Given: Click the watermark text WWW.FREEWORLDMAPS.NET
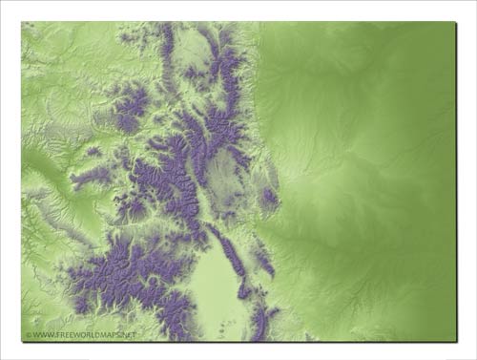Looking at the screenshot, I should click(x=83, y=335).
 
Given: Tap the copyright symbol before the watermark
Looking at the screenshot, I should click(x=28, y=335).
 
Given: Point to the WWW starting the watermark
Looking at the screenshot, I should click(x=39, y=335).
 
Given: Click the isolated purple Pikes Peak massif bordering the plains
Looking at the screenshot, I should click(x=270, y=199).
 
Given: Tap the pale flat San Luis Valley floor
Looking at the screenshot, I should click(x=222, y=286).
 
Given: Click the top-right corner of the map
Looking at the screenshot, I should click(x=454, y=22).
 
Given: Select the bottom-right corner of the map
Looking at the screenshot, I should click(x=454, y=341).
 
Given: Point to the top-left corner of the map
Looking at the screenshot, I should click(x=22, y=22).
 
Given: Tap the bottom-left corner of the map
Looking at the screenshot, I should click(x=22, y=341).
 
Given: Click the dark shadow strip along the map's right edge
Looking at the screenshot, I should click(x=457, y=181).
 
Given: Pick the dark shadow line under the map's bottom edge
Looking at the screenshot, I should click(x=238, y=344).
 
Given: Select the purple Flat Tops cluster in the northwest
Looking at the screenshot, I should click(x=130, y=105).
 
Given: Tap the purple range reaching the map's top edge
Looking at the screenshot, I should click(x=168, y=38).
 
